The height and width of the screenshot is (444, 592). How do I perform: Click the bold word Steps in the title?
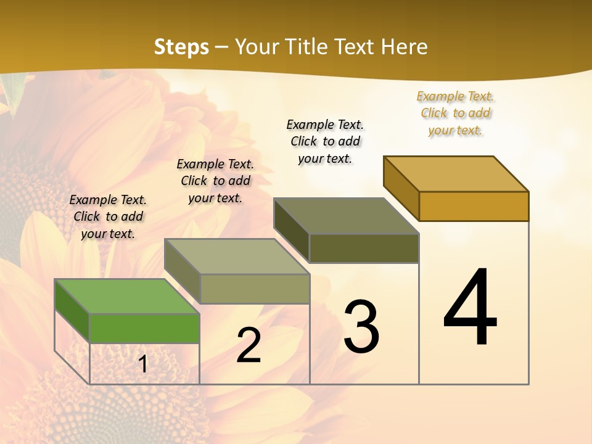pyautogui.click(x=181, y=47)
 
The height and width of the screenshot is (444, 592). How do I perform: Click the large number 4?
pyautogui.click(x=471, y=308)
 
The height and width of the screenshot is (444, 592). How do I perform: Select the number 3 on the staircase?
pyautogui.click(x=361, y=327)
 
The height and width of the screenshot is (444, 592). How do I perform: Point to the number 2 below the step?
pyautogui.click(x=249, y=346)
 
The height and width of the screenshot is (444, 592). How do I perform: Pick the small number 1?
pyautogui.click(x=143, y=364)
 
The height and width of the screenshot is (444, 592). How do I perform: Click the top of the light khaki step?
pyautogui.click(x=237, y=257)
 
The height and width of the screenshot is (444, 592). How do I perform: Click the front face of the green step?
pyautogui.click(x=144, y=328)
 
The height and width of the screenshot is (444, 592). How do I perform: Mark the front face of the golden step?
pyautogui.click(x=474, y=206)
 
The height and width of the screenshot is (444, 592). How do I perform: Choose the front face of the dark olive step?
pyautogui.click(x=364, y=248)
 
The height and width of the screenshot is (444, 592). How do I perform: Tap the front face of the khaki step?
pyautogui.click(x=255, y=289)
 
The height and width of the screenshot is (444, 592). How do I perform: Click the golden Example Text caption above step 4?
pyautogui.click(x=455, y=113)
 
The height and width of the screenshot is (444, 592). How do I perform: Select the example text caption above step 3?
pyautogui.click(x=325, y=141)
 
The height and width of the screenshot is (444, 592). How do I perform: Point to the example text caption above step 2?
pyautogui.click(x=215, y=181)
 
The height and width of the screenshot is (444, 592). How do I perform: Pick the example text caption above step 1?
pyautogui.click(x=108, y=216)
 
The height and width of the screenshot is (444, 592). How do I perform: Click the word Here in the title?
pyautogui.click(x=404, y=47)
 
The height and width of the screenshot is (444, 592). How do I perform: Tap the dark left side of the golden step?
pyautogui.click(x=401, y=187)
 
